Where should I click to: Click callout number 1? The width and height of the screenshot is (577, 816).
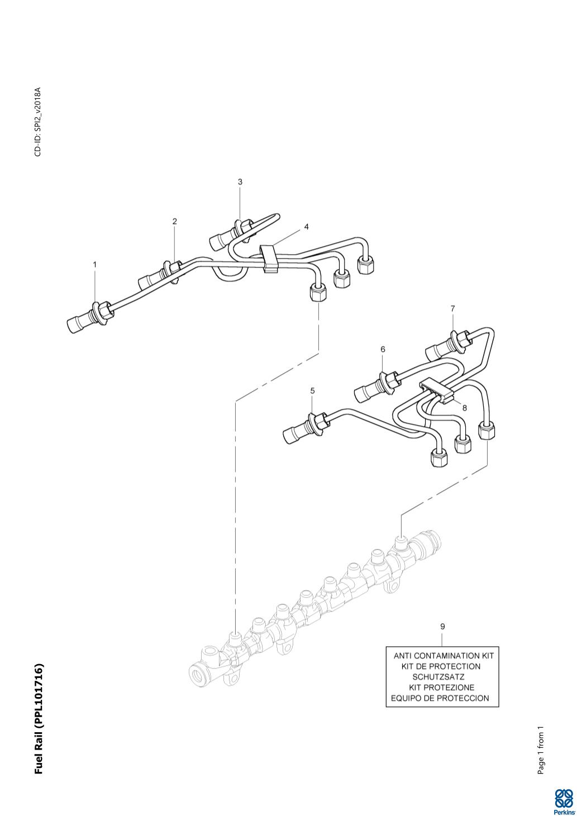click(94, 264)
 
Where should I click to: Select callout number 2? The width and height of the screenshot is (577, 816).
click(174, 222)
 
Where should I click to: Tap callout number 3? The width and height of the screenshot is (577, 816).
click(240, 182)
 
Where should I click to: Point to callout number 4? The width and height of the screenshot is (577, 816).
click(306, 227)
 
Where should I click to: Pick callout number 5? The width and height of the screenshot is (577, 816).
click(312, 390)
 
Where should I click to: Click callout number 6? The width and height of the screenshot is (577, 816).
click(383, 349)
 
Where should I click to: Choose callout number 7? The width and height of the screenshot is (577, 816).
click(453, 308)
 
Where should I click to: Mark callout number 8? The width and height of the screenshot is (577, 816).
click(464, 408)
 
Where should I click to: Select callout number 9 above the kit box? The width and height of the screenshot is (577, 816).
click(442, 627)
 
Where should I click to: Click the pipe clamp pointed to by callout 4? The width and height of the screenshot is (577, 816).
click(269, 258)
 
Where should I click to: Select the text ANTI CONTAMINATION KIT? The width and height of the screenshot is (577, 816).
click(444, 656)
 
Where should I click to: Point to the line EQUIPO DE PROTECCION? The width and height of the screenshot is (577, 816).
click(440, 698)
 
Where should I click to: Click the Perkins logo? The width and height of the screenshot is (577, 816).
click(564, 801)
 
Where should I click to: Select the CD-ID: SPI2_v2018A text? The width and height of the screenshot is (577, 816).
click(38, 122)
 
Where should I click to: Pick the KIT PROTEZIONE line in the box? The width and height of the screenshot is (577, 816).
click(441, 688)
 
